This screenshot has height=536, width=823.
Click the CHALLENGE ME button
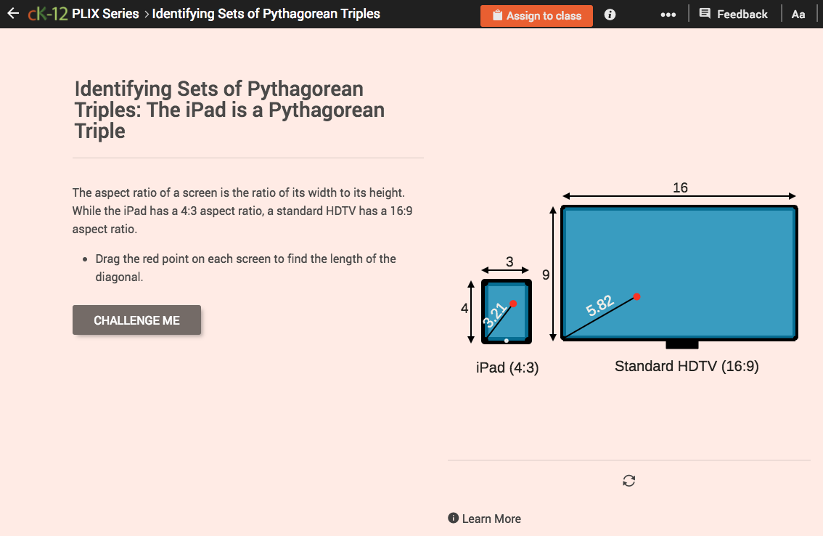(136, 320)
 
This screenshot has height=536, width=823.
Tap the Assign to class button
(536, 15)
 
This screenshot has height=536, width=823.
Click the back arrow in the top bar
(12, 14)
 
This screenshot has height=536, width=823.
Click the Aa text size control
(798, 15)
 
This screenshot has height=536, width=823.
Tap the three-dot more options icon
(668, 15)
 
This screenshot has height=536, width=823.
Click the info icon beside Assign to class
(610, 15)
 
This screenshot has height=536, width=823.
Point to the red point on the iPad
(513, 304)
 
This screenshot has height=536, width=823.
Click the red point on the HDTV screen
(636, 296)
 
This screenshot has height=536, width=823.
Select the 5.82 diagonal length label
(600, 306)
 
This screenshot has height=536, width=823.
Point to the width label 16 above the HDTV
(680, 188)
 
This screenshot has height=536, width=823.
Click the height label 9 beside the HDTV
(546, 275)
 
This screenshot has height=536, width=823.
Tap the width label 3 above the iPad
(509, 261)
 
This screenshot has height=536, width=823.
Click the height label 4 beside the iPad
(464, 308)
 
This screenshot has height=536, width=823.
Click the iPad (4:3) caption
(507, 368)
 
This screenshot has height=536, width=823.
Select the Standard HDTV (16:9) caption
(687, 366)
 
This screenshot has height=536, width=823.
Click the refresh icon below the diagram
(629, 481)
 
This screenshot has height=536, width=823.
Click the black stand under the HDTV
(682, 344)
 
